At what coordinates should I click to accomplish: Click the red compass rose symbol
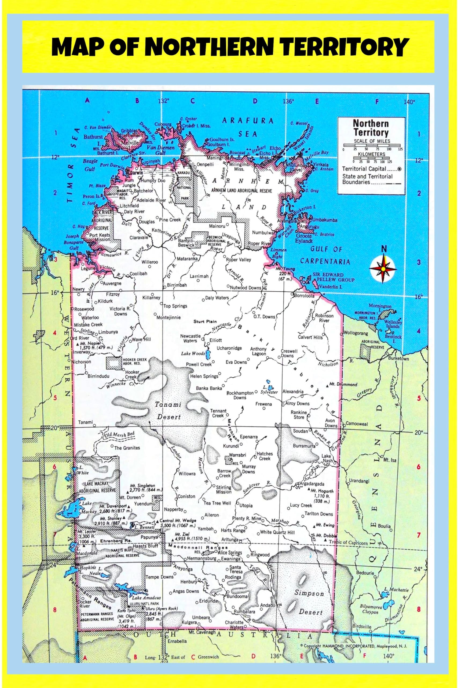coord(383,268)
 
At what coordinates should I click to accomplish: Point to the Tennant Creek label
coord(218,413)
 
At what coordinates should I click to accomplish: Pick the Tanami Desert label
coord(168,411)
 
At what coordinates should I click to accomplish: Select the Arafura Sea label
coord(247,127)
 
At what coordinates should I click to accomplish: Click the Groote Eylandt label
coord(304,238)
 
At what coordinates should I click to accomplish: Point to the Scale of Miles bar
coord(372,145)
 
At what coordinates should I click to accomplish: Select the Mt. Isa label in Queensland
coord(390,460)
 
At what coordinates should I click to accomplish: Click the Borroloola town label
coord(304,295)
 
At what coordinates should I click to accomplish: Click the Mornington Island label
coord(379,307)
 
